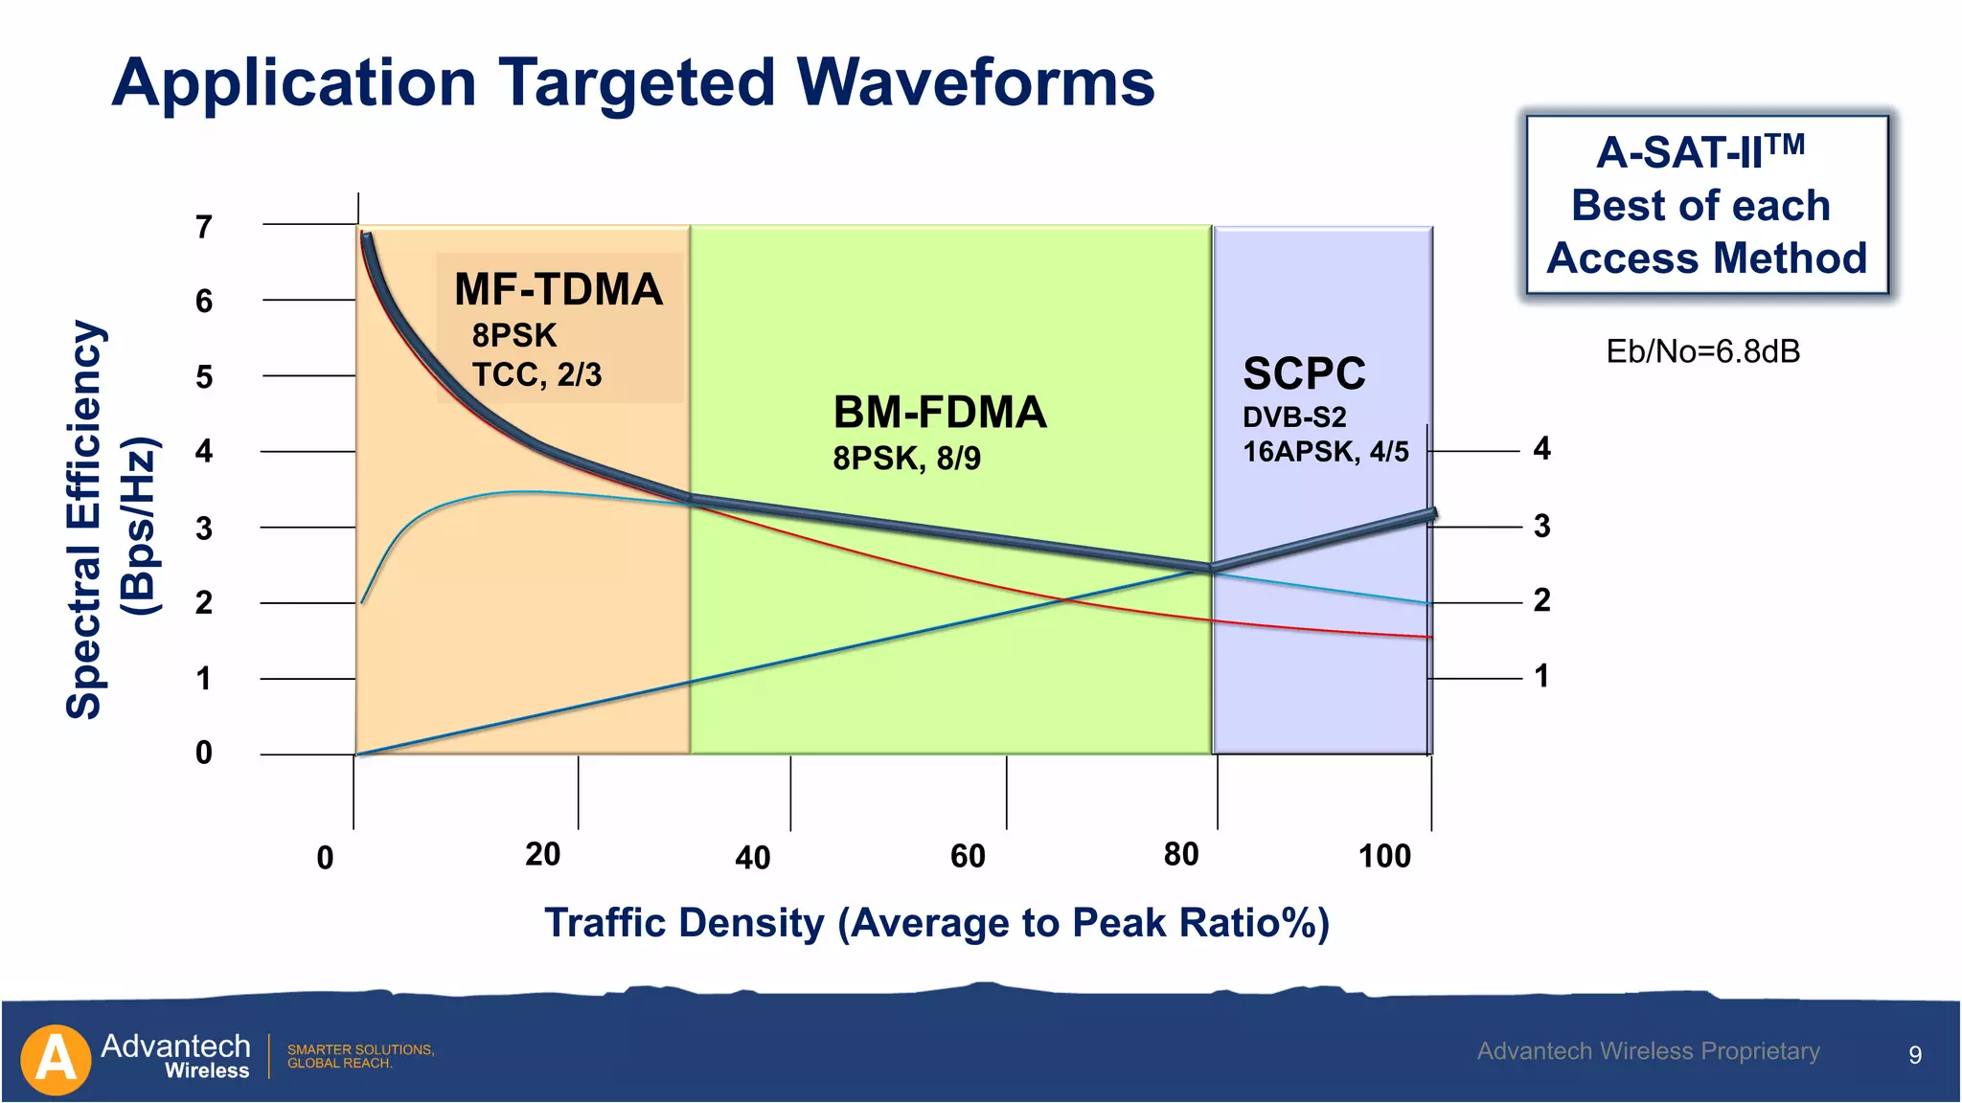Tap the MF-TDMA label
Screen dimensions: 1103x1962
click(559, 289)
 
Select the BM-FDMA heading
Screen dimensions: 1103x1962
click(940, 413)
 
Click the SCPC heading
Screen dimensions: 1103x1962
click(1304, 373)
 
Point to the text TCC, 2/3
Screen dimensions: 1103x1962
click(536, 374)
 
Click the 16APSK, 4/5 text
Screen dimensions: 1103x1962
click(1325, 452)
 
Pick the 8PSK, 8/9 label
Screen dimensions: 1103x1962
click(906, 459)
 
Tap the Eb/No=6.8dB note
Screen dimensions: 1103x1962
click(1702, 351)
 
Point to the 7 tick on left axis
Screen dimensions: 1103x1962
click(204, 227)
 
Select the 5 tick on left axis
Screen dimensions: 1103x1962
click(204, 377)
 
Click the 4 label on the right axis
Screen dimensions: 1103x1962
click(1541, 448)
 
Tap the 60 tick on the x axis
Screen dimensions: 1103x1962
click(968, 856)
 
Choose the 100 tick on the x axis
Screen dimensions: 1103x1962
click(1384, 856)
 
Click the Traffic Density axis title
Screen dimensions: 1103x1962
click(936, 923)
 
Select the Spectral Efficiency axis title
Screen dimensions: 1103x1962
click(84, 520)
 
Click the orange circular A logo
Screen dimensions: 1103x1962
click(56, 1060)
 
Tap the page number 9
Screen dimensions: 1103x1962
click(1914, 1055)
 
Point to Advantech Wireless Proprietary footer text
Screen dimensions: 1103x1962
click(1648, 1051)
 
